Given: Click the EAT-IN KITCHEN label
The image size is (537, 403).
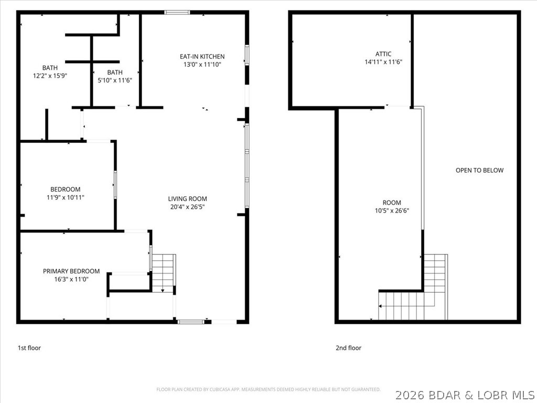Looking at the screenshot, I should (x=202, y=57).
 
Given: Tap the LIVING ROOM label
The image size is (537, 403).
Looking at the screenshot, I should (x=187, y=199).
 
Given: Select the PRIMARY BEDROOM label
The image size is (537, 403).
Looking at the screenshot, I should (x=71, y=271).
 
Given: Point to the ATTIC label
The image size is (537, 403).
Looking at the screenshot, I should (x=383, y=54).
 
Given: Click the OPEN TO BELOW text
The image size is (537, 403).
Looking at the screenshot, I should (x=479, y=171).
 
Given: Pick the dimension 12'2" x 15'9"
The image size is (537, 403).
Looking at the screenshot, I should (x=50, y=76).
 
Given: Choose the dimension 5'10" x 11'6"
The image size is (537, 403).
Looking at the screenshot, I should (x=115, y=80).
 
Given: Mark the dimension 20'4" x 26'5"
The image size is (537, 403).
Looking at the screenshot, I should (x=187, y=207).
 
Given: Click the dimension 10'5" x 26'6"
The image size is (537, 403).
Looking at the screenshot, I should (x=391, y=211).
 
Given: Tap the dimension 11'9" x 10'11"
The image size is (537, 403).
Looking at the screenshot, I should (x=66, y=197).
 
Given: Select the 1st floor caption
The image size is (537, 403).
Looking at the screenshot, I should (x=29, y=348).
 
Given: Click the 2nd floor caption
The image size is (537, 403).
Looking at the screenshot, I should (x=348, y=348).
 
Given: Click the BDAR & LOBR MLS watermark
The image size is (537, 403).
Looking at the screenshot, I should (x=465, y=394).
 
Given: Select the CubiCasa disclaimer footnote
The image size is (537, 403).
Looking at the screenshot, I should (x=268, y=389).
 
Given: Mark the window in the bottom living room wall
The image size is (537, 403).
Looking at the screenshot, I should (x=188, y=321).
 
